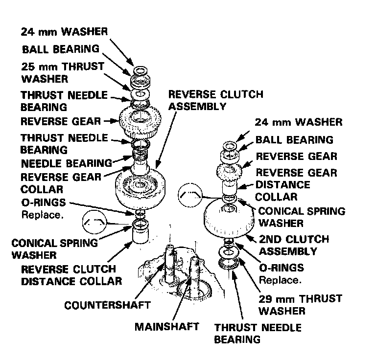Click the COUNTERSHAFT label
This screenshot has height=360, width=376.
(x=107, y=306)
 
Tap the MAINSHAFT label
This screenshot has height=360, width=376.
(x=166, y=326)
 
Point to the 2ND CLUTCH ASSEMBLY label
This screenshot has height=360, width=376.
(x=294, y=245)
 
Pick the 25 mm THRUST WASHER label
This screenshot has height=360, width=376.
(x=62, y=72)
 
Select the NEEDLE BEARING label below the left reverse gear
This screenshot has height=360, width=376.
(x=66, y=163)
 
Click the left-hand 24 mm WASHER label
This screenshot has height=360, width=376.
(x=64, y=33)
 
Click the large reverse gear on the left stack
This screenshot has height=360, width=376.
(x=140, y=120)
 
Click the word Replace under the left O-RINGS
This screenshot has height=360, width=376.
(x=35, y=214)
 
